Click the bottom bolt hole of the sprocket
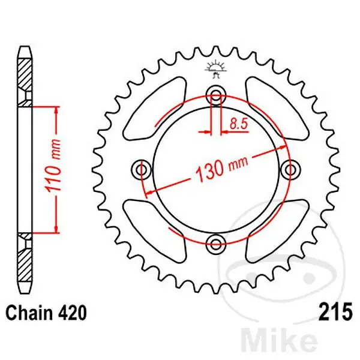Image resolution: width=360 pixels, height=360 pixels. [x=216, y=244]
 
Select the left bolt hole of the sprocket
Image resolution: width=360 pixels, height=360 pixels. [x=142, y=170]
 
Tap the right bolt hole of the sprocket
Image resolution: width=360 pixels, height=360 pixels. [x=290, y=170]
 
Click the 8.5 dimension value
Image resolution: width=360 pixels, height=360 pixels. [x=239, y=124]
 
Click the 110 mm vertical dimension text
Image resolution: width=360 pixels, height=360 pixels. [x=53, y=166]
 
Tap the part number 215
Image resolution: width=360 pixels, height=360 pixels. [x=335, y=312]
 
